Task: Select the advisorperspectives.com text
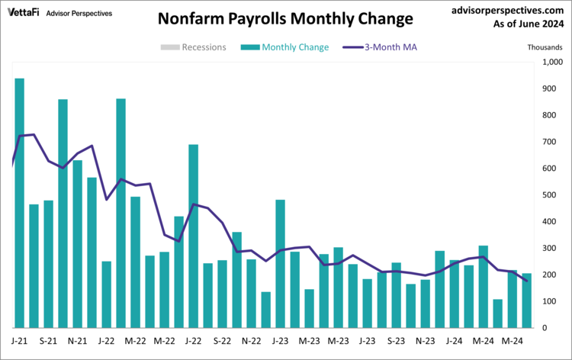coord(506,11)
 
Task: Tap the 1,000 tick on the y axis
coord(551,63)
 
